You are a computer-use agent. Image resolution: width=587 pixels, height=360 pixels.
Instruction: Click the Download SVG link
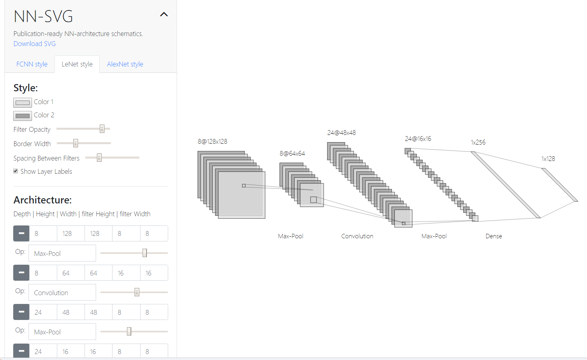tap(34, 44)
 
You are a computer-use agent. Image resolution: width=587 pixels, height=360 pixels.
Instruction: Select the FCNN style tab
tap(32, 64)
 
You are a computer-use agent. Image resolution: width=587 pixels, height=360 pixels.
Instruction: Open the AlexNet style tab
tap(125, 64)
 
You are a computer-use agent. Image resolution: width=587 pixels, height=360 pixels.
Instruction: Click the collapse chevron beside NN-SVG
tap(164, 14)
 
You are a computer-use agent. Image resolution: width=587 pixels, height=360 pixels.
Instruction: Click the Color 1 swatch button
tap(22, 103)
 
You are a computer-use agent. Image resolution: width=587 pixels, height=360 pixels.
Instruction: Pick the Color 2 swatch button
tap(22, 116)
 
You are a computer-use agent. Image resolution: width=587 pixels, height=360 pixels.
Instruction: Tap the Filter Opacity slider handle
tap(102, 129)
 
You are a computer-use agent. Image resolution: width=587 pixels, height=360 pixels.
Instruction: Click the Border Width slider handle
tap(75, 143)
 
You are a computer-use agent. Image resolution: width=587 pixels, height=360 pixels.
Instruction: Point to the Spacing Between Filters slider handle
tap(99, 157)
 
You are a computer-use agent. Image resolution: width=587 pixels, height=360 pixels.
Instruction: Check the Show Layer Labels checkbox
tap(16, 171)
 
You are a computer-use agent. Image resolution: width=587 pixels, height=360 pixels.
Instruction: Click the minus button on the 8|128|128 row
tap(21, 233)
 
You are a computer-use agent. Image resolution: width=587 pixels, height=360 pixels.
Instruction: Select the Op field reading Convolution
tap(62, 292)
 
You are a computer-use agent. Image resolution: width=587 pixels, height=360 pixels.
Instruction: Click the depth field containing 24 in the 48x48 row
tap(43, 312)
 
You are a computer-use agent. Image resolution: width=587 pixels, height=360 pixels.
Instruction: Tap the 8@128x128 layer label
tap(213, 141)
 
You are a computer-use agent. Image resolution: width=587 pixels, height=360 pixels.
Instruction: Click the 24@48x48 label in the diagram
tap(342, 133)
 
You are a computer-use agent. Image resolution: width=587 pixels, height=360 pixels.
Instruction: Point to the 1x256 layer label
tap(478, 142)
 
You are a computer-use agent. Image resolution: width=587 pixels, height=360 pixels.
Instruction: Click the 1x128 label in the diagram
tap(548, 159)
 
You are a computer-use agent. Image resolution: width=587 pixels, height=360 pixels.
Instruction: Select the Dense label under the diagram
tap(494, 236)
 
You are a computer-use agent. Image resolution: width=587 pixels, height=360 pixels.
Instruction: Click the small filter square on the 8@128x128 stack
tap(244, 185)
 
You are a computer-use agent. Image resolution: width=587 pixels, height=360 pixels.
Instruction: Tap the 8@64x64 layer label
tap(292, 153)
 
